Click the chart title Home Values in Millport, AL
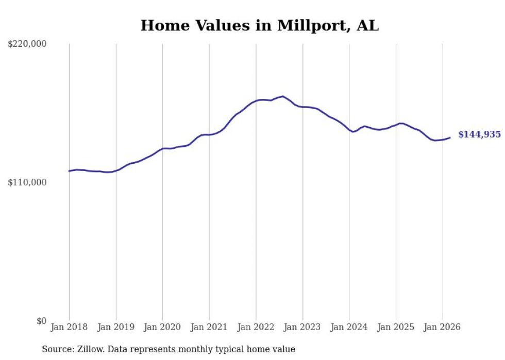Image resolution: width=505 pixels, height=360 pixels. pyautogui.click(x=259, y=26)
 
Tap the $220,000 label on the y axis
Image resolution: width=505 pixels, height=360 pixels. pyautogui.click(x=27, y=44)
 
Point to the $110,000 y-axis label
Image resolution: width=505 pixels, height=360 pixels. pyautogui.click(x=27, y=182)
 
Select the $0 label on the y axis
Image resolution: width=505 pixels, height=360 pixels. pyautogui.click(x=41, y=321)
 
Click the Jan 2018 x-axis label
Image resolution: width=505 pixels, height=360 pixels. pyautogui.click(x=69, y=327)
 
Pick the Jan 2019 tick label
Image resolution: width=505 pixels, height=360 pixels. pyautogui.click(x=115, y=327)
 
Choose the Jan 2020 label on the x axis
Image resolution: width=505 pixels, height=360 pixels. pyautogui.click(x=162, y=327)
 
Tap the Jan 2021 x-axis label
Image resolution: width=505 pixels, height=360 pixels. pyautogui.click(x=209, y=327)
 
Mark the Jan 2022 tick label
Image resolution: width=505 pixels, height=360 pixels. pyautogui.click(x=256, y=327)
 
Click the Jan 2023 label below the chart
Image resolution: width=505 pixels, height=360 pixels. pyautogui.click(x=302, y=327)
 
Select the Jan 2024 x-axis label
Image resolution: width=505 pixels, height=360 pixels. pyautogui.click(x=349, y=327)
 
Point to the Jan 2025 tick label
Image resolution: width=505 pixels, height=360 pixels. pyautogui.click(x=396, y=327)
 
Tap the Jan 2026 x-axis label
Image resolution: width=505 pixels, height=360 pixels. pyautogui.click(x=442, y=327)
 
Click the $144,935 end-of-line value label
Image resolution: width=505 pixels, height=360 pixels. pyautogui.click(x=479, y=134)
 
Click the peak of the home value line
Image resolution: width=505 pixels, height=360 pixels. pyautogui.click(x=282, y=96)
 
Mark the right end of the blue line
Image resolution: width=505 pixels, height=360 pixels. pyautogui.click(x=450, y=138)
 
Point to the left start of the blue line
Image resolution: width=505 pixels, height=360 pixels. pyautogui.click(x=69, y=171)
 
